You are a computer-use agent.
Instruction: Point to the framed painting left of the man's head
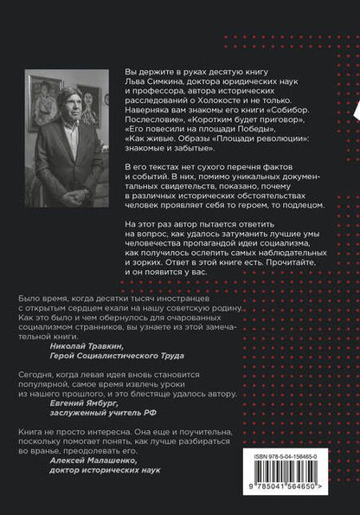(x=42, y=95)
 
